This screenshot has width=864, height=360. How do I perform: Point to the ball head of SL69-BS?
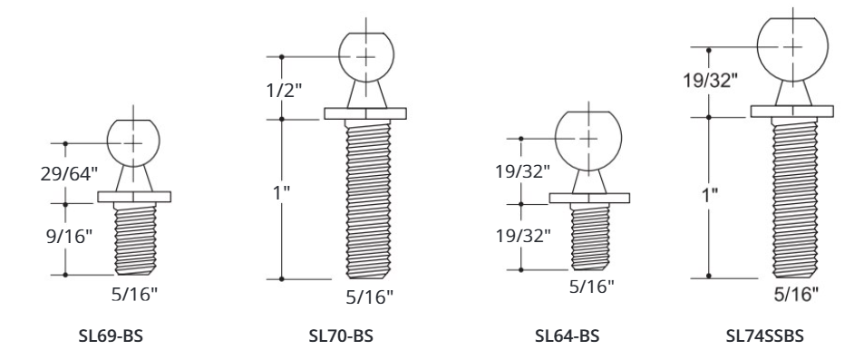point(133,142)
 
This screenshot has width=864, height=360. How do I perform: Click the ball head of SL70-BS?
point(364,56)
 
